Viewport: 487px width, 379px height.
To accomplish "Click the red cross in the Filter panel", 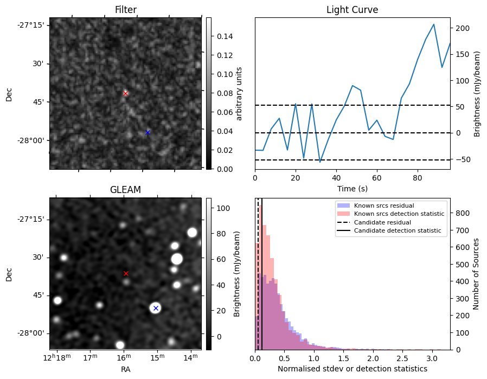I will [x=125, y=93].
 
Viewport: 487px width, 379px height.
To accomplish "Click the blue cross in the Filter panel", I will [x=148, y=132].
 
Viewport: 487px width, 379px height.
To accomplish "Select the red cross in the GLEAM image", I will [x=126, y=273].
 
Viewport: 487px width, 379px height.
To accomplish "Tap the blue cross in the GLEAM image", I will [x=156, y=308].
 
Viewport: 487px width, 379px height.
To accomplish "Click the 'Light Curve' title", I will [x=352, y=10].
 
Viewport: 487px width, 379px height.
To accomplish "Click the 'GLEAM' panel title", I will [x=125, y=190].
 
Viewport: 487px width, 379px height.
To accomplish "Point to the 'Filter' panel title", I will [x=125, y=10].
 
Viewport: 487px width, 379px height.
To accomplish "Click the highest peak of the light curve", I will [x=434, y=24].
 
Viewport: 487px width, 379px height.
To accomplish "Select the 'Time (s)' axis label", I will [x=352, y=188].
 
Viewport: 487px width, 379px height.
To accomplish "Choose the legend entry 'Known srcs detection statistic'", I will [x=399, y=214].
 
